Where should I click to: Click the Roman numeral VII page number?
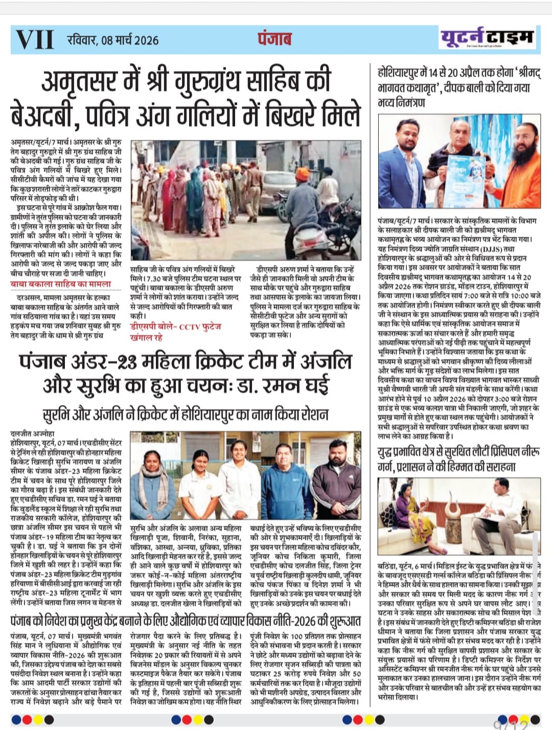[35, 39]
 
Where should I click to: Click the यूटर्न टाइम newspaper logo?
[487, 37]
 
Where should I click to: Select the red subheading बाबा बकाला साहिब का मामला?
[60, 284]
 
